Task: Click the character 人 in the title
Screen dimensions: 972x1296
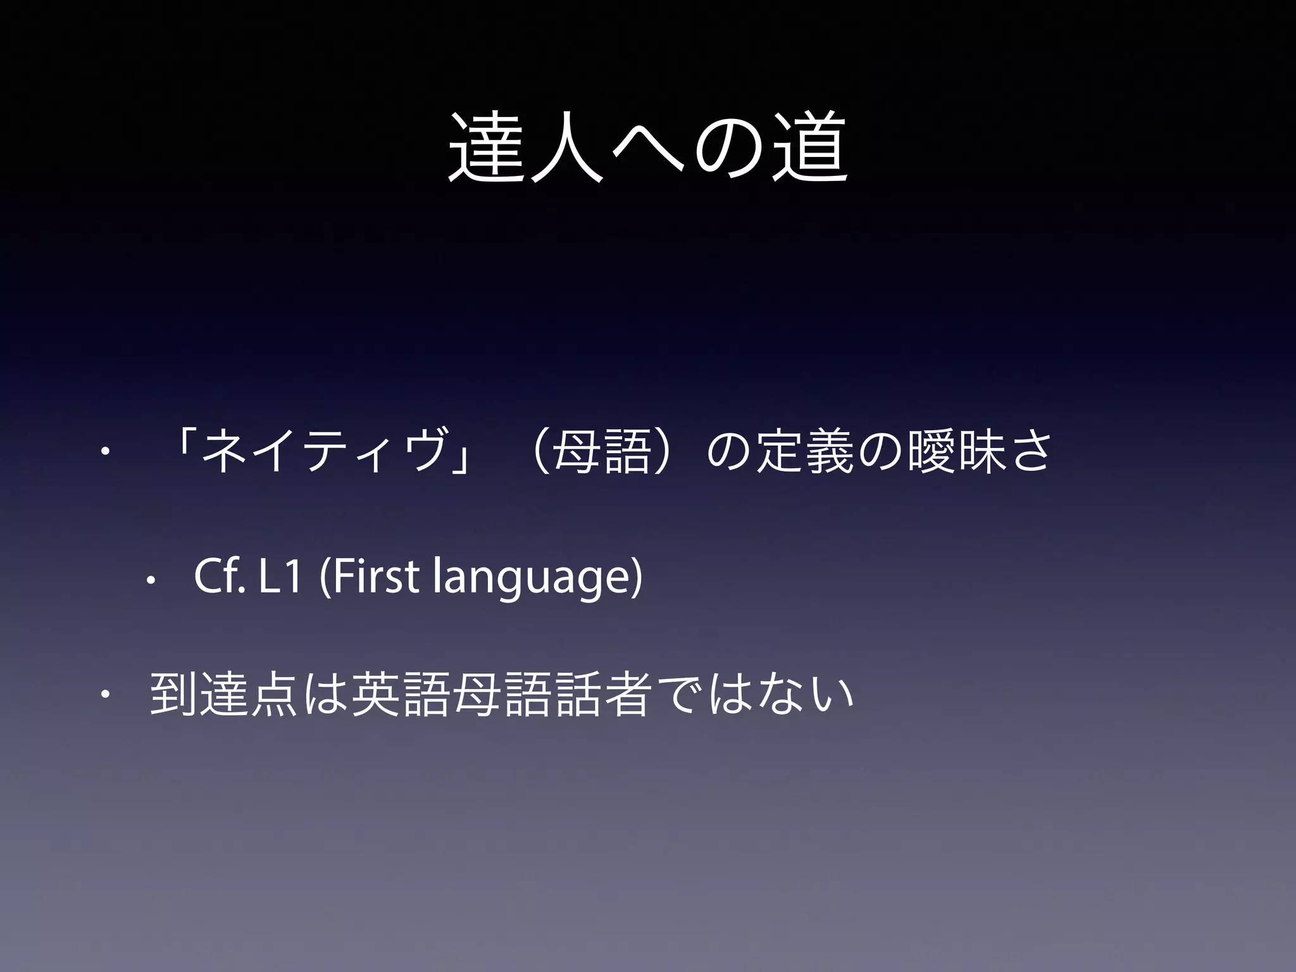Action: tap(567, 147)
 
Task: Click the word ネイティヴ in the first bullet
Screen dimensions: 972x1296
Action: tap(328, 451)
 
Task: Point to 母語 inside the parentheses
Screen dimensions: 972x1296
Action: tap(601, 451)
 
